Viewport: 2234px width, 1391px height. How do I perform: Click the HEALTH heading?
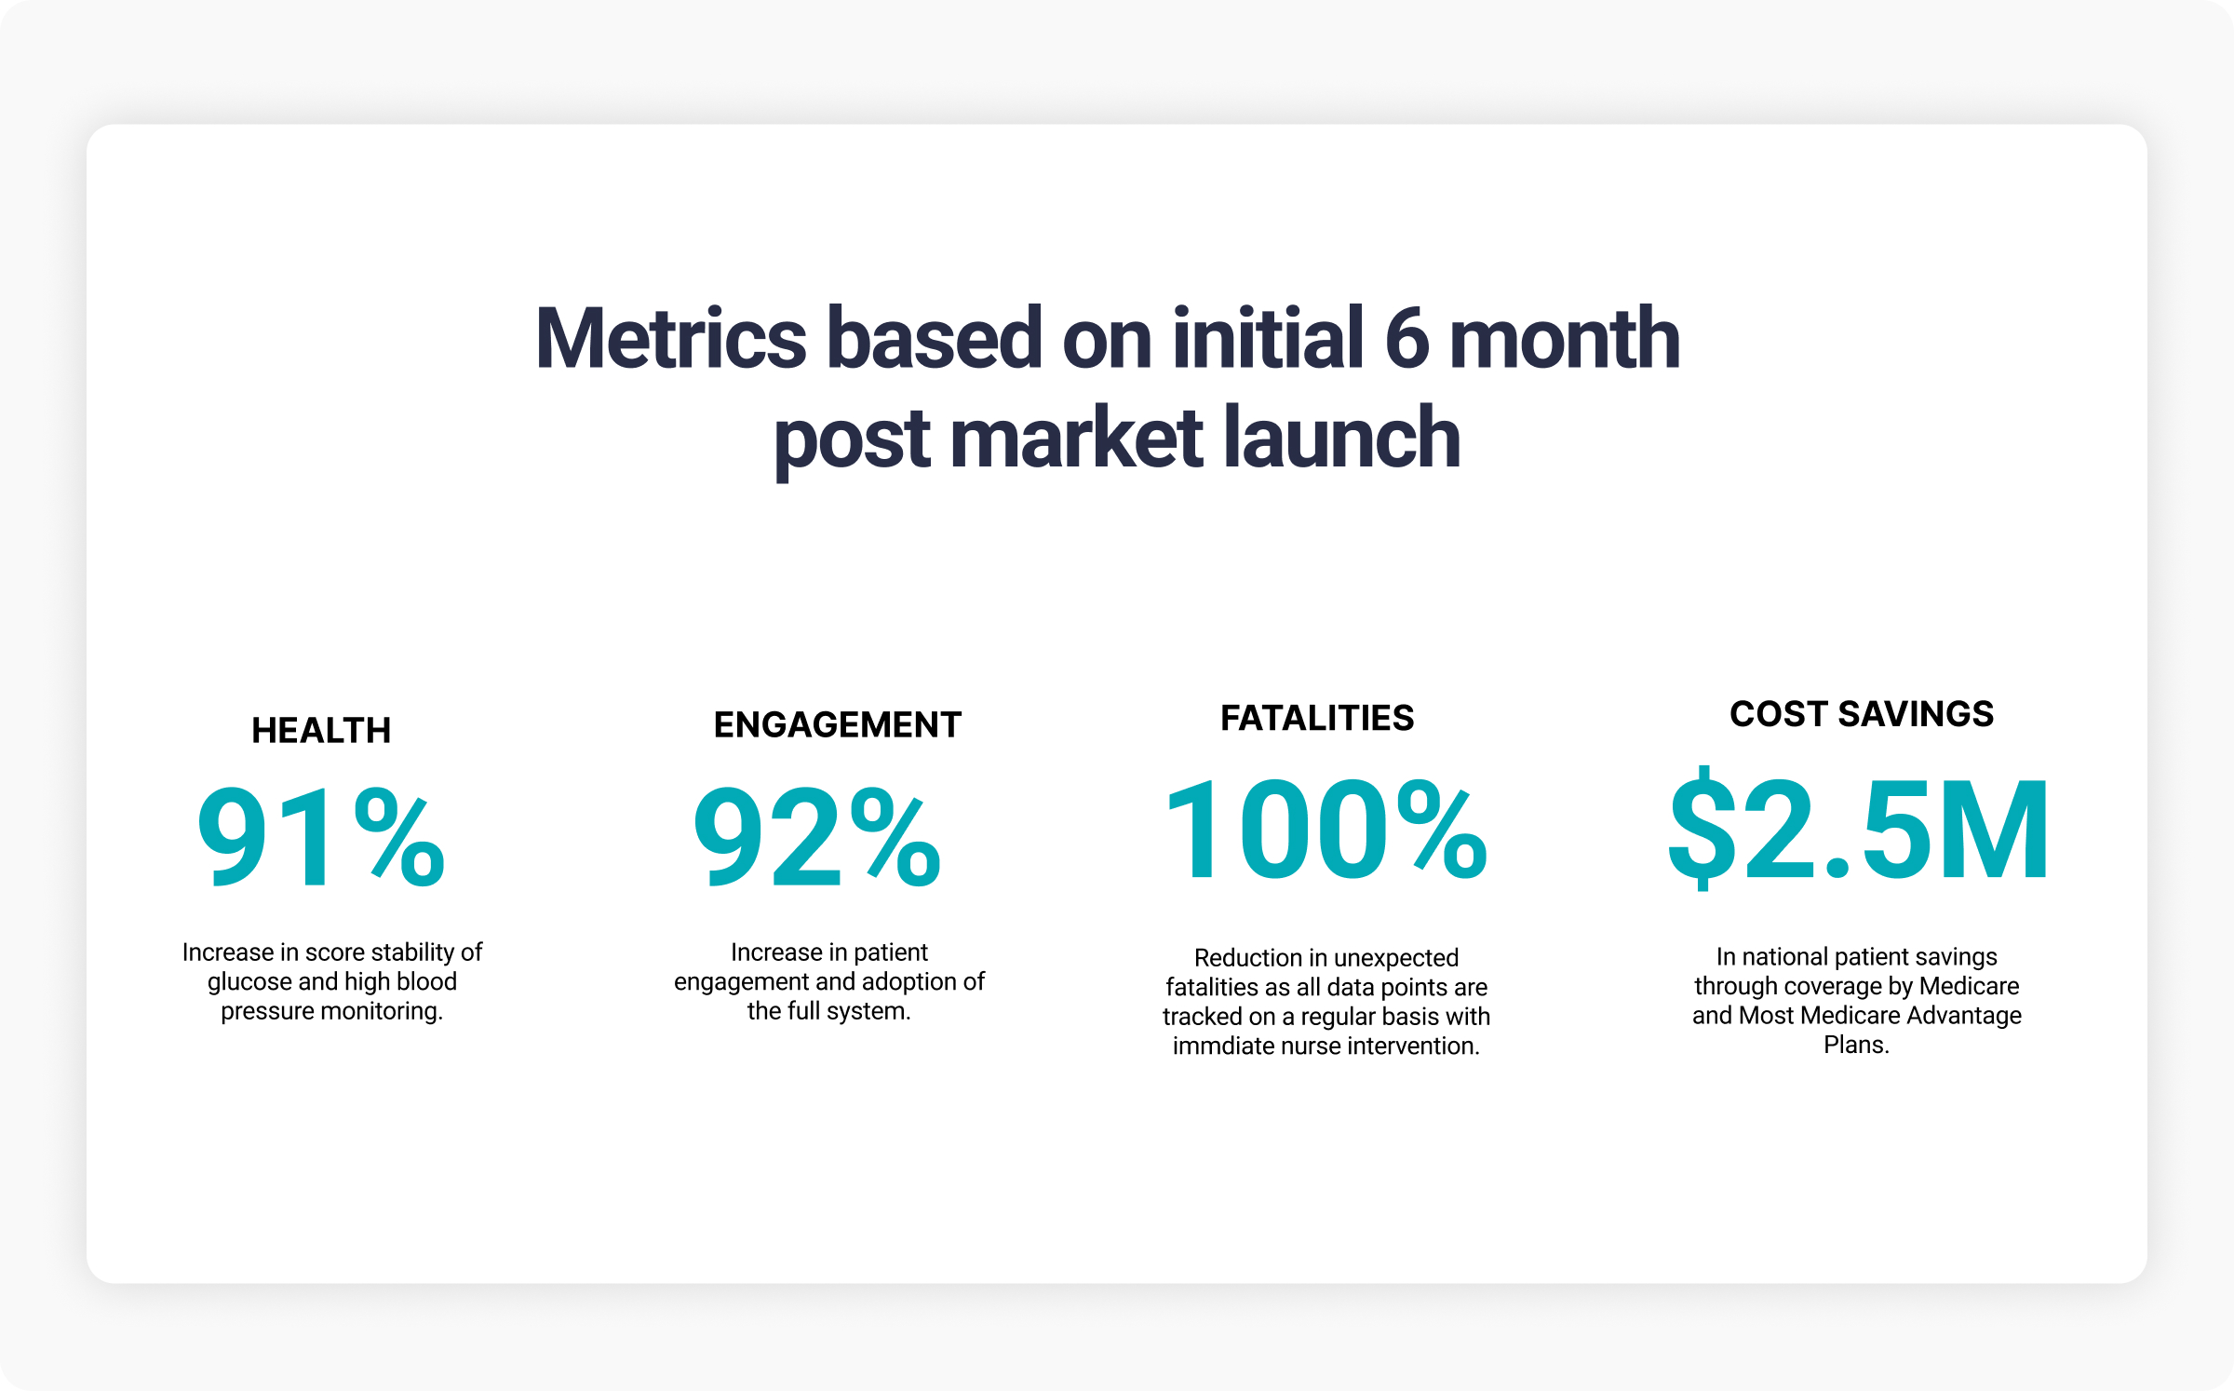pyautogui.click(x=321, y=731)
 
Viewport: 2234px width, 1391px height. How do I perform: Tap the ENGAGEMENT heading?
pyautogui.click(x=838, y=725)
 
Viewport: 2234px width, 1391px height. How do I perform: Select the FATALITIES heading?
pyautogui.click(x=1317, y=719)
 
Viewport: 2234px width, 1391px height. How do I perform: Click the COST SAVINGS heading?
pyautogui.click(x=1862, y=714)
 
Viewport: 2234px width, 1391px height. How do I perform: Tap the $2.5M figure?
pyautogui.click(x=1858, y=829)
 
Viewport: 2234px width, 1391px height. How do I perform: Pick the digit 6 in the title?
pyautogui.click(x=1406, y=339)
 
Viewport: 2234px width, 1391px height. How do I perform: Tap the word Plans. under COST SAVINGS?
pyautogui.click(x=1856, y=1046)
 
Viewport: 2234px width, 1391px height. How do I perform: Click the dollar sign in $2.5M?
pyautogui.click(x=1702, y=829)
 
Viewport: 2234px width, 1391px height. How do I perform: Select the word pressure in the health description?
pyautogui.click(x=267, y=1012)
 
